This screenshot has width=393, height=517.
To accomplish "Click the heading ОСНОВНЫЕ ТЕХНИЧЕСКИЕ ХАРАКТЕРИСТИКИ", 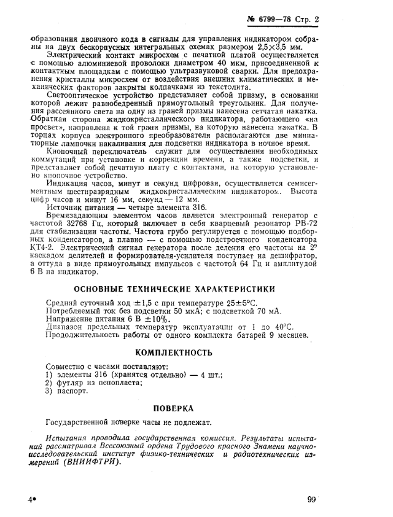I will click(x=174, y=289).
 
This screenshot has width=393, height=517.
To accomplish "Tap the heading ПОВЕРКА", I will click(x=174, y=407).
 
